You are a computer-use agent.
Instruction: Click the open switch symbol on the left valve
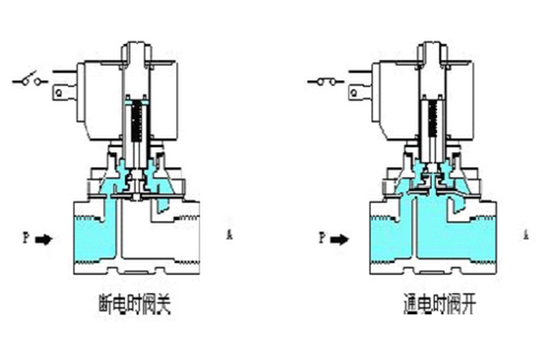[x=32, y=79]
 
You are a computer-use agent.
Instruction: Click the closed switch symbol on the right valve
[x=325, y=79]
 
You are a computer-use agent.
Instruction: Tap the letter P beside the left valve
[x=25, y=239]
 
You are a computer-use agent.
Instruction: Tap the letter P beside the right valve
[x=322, y=238]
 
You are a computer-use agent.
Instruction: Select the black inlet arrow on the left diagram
[x=45, y=239]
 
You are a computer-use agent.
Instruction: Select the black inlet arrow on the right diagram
[x=341, y=239]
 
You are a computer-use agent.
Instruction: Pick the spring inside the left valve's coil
[x=139, y=124]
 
